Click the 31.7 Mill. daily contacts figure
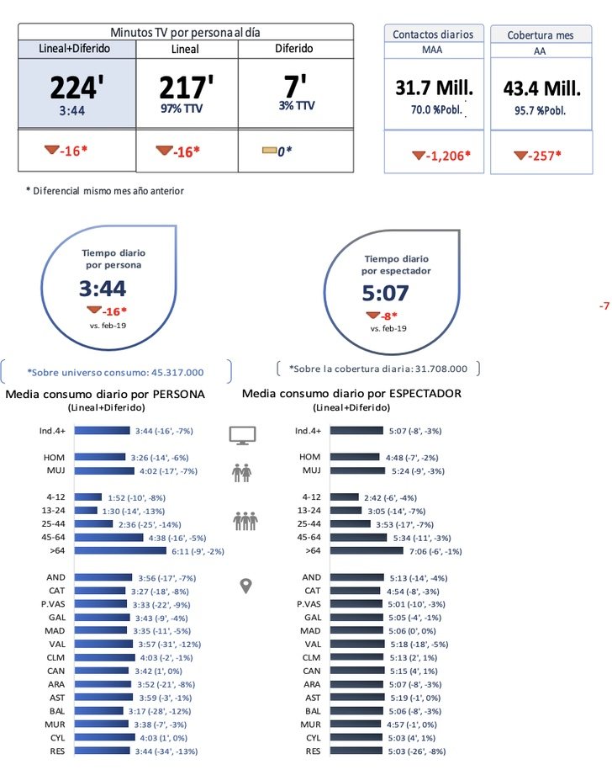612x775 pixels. click(x=433, y=88)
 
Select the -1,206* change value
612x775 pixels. click(x=441, y=156)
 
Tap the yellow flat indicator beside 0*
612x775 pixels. click(x=269, y=151)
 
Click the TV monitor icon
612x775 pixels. click(x=243, y=435)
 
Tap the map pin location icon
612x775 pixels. click(x=245, y=586)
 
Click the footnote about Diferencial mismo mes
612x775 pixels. click(x=105, y=191)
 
